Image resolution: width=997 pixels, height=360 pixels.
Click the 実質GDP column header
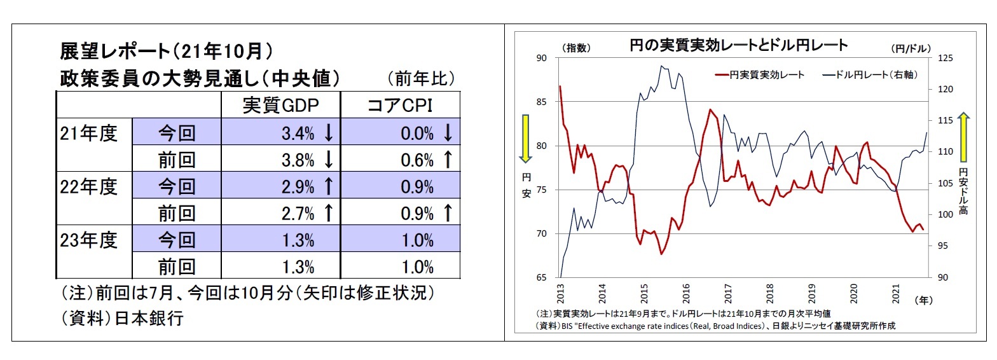[x=280, y=105]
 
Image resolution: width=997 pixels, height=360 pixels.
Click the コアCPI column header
[x=400, y=105]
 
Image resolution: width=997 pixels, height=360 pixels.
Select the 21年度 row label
[x=89, y=133]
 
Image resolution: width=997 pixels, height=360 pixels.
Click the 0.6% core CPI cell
[x=418, y=160]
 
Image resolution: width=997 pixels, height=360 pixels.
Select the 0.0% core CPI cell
[x=418, y=133]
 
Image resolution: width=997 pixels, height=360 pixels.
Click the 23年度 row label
[x=89, y=240]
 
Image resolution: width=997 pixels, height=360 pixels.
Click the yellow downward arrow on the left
[x=526, y=139]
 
